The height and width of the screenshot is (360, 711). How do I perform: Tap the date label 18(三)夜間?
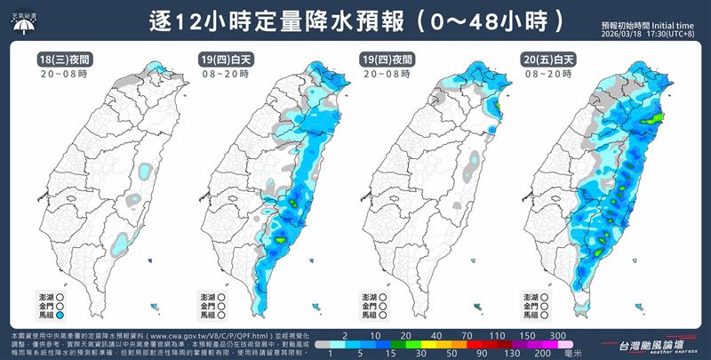[62, 60]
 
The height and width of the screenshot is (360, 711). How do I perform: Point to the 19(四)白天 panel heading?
[223, 60]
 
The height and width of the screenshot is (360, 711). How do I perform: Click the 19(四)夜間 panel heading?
[383, 60]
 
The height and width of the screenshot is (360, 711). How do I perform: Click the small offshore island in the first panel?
[155, 306]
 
